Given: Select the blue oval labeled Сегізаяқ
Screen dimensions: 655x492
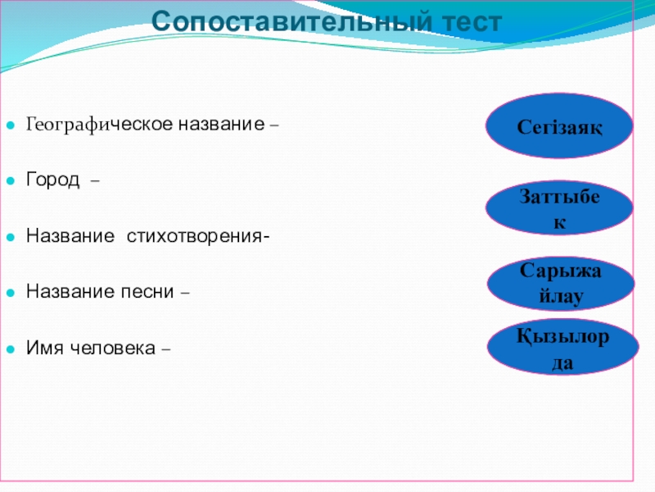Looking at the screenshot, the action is click(559, 125).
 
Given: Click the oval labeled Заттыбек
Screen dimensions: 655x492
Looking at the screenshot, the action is click(559, 208).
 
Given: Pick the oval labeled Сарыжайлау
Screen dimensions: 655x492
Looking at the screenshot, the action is click(561, 283).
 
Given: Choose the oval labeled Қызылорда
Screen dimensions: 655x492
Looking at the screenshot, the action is click(562, 348).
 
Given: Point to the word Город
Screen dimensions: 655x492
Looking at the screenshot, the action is click(52, 180).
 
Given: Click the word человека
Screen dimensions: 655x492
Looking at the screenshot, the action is click(113, 348).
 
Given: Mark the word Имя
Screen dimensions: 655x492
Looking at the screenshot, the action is click(44, 347).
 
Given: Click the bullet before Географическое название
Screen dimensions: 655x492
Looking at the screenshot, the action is click(11, 125).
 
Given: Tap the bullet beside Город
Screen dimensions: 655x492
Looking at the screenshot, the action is click(11, 180).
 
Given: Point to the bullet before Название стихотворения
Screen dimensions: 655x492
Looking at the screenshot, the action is click(11, 237).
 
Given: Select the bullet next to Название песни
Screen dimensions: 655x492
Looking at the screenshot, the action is click(11, 293).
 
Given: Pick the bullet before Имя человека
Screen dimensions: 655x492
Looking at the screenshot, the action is click(11, 349).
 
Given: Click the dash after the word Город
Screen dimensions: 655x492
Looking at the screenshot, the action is click(95, 181).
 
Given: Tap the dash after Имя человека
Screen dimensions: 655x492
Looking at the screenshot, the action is click(165, 349).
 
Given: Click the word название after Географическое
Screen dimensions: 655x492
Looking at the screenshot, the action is click(221, 125).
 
